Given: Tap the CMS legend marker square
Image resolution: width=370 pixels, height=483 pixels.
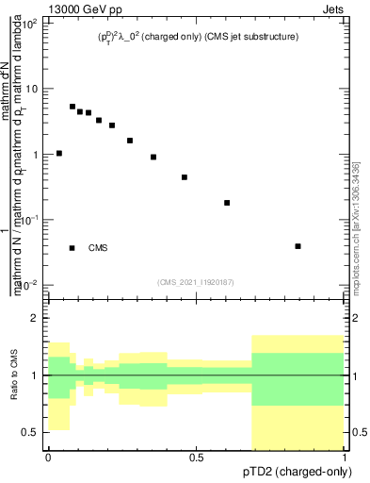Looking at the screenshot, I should tap(72, 248).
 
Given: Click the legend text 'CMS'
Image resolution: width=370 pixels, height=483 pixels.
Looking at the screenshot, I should tap(98, 248).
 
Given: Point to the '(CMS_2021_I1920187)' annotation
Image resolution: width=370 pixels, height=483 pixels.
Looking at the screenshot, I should tap(196, 281).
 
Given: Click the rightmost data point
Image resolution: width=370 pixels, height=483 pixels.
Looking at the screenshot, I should tap(298, 246).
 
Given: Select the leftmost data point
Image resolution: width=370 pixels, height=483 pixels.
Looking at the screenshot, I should tap(59, 153).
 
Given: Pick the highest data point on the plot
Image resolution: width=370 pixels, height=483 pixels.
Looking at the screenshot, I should tap(72, 107).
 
